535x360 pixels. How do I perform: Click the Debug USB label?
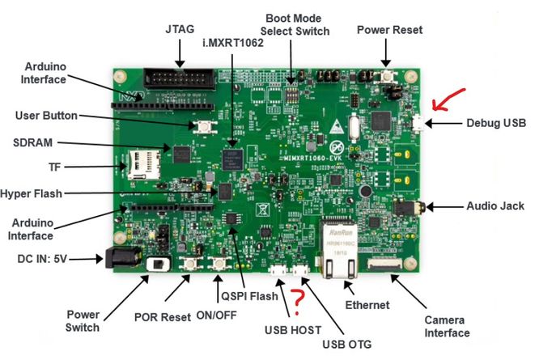[x=496, y=124]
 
